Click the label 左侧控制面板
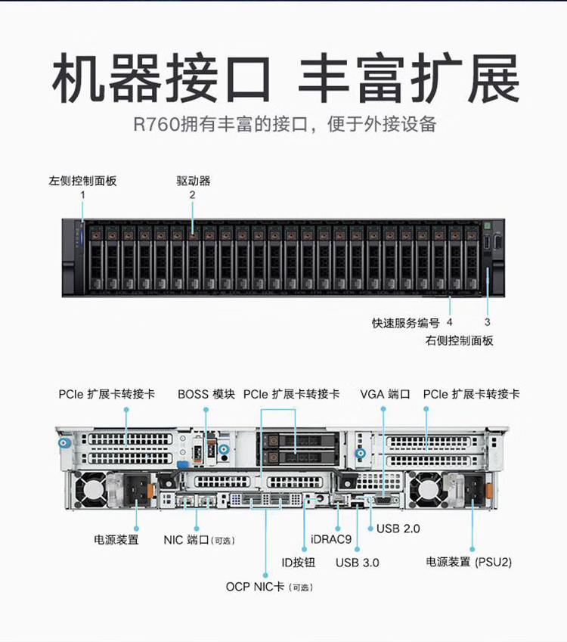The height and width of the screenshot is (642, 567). pyautogui.click(x=82, y=181)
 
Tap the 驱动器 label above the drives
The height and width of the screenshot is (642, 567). pyautogui.click(x=194, y=181)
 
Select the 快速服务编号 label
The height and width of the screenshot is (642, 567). pyautogui.click(x=405, y=323)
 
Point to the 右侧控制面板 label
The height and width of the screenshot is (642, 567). pyautogui.click(x=459, y=340)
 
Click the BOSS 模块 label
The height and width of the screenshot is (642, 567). pyautogui.click(x=206, y=394)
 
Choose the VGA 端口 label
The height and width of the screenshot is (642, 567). pyautogui.click(x=385, y=394)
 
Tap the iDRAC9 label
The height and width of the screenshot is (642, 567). pyautogui.click(x=331, y=539)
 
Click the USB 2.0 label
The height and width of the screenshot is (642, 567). pyautogui.click(x=398, y=529)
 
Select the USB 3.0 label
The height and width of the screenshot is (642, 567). pyautogui.click(x=358, y=563)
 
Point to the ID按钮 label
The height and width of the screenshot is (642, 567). pyautogui.click(x=299, y=563)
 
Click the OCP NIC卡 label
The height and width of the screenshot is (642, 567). pyautogui.click(x=255, y=587)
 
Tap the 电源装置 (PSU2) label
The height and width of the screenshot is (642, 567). pyautogui.click(x=469, y=562)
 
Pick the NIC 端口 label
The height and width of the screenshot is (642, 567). pyautogui.click(x=186, y=540)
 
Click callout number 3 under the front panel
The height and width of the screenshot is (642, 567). pyautogui.click(x=487, y=322)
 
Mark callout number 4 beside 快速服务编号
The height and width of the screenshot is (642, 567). pyautogui.click(x=450, y=322)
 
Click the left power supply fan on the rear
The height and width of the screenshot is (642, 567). pyautogui.click(x=91, y=489)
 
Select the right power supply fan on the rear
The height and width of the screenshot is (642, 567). pyautogui.click(x=426, y=489)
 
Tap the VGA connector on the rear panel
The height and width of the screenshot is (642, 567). pyautogui.click(x=383, y=500)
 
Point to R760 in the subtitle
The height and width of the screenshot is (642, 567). pyautogui.click(x=156, y=124)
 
